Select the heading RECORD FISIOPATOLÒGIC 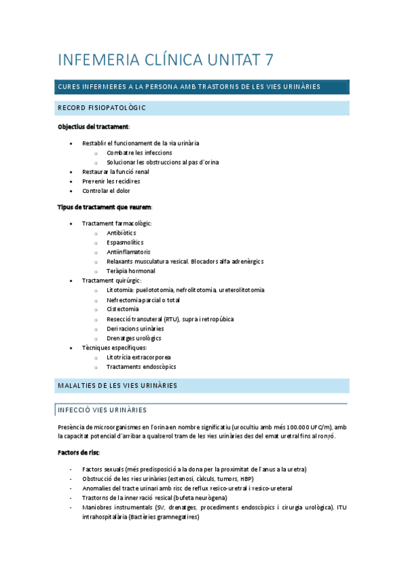(103, 108)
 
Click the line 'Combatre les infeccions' (139, 152)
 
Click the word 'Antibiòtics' (121, 233)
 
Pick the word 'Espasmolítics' (125, 242)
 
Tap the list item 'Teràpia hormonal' (131, 271)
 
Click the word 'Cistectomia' (123, 310)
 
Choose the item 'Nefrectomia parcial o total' (143, 300)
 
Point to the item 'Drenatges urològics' (134, 338)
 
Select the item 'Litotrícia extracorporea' (138, 357)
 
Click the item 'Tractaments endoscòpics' (141, 367)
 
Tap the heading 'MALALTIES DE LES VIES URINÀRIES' (117, 386)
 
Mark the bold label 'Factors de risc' (78, 452)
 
